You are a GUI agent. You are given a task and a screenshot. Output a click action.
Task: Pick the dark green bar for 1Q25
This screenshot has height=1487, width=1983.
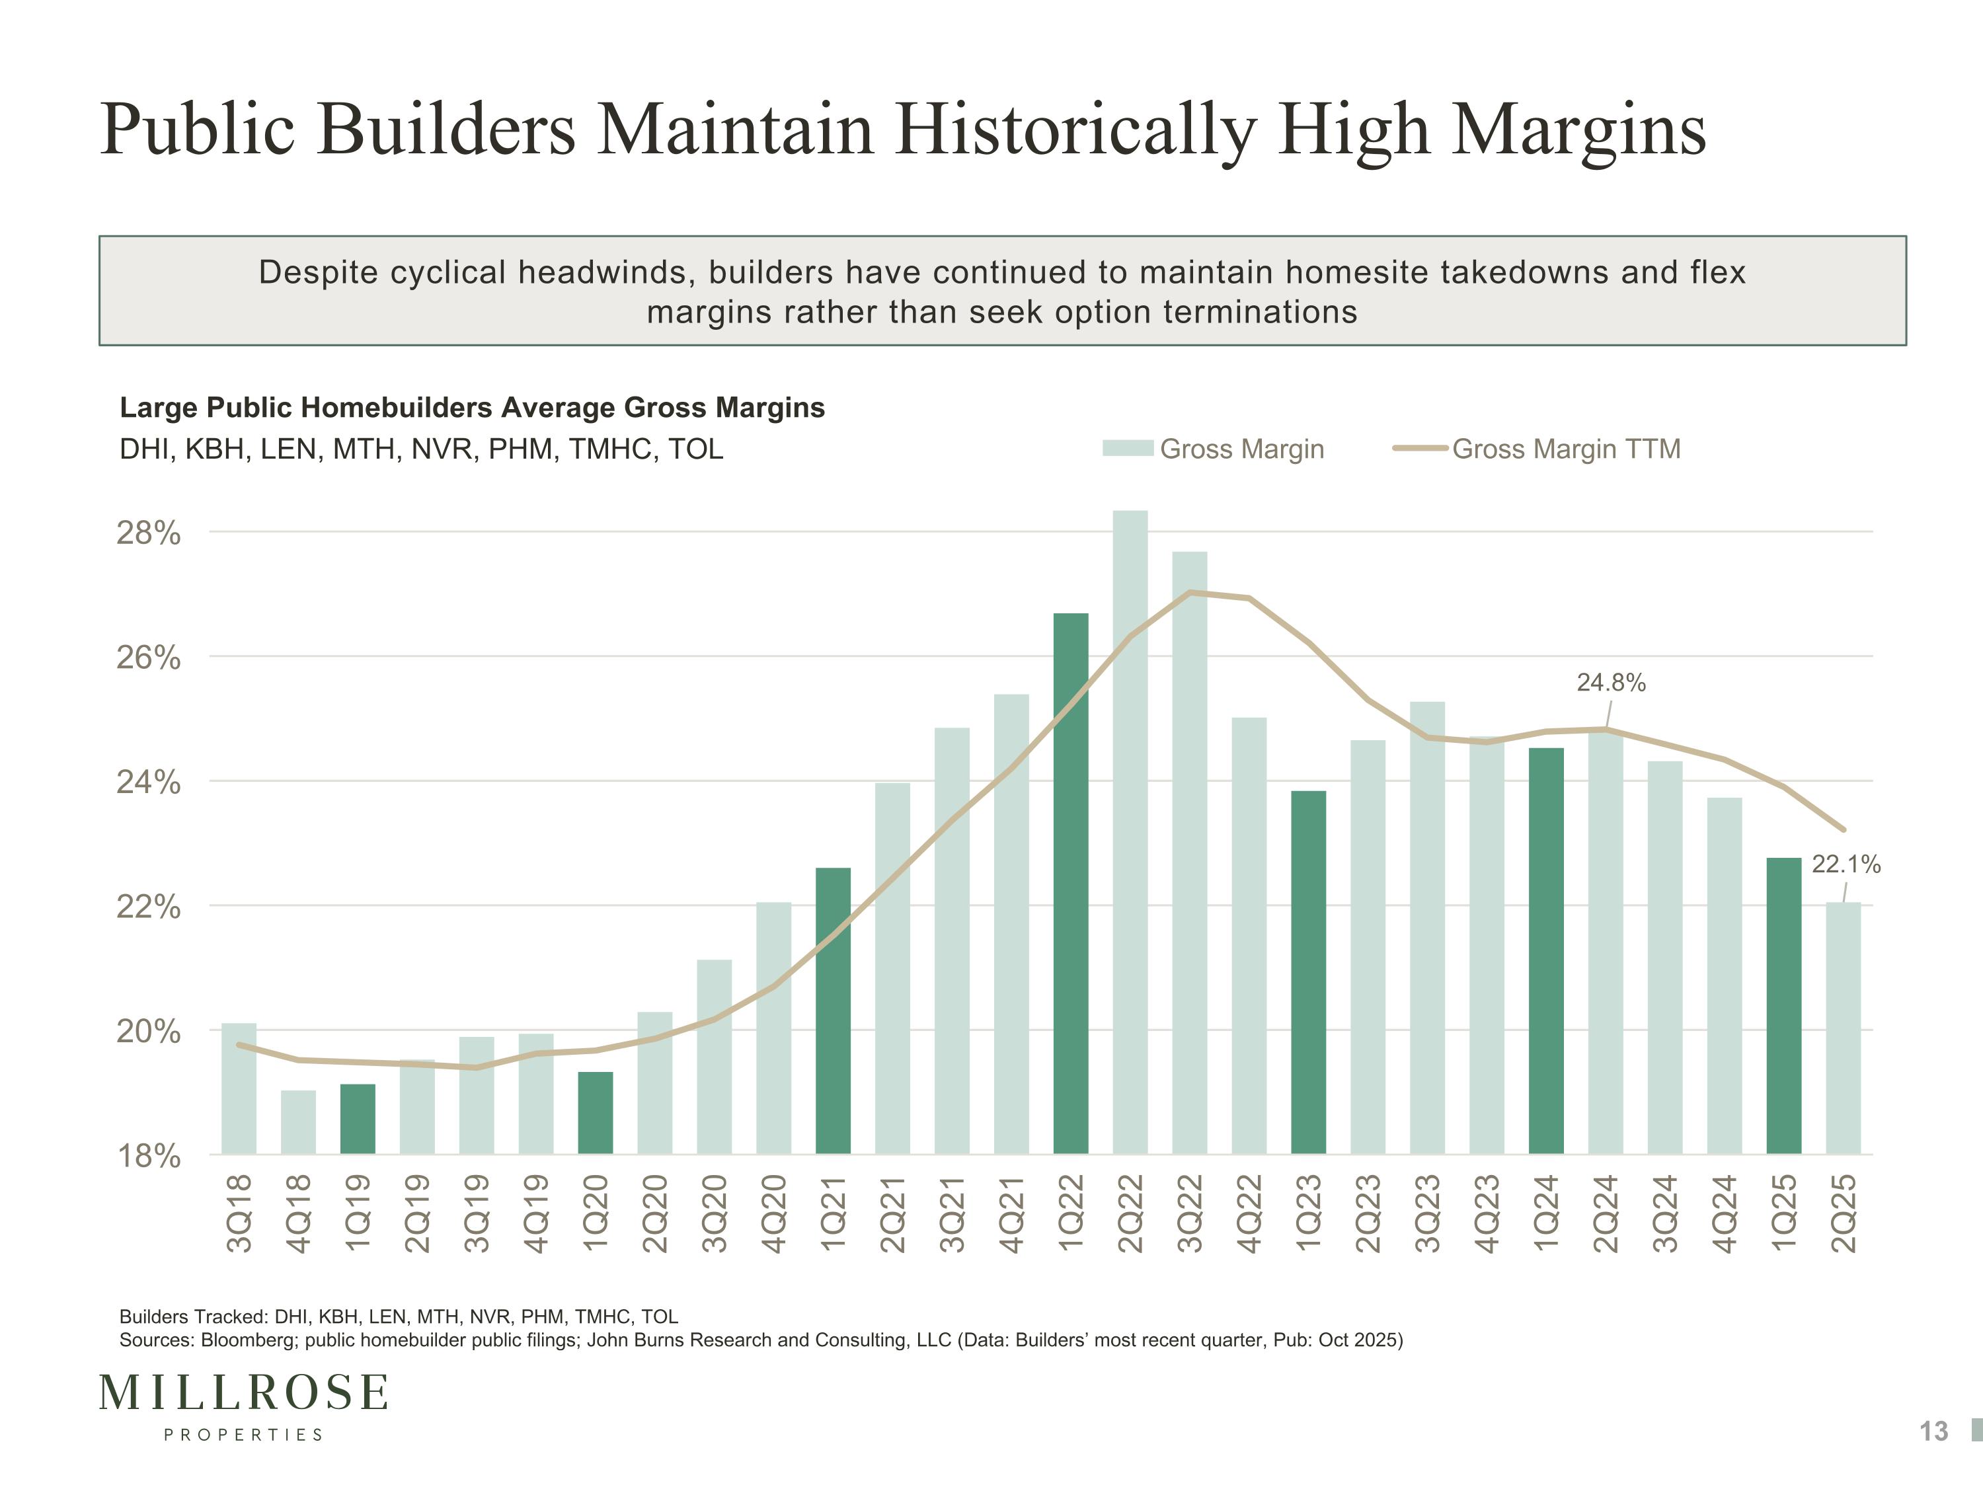1783,1006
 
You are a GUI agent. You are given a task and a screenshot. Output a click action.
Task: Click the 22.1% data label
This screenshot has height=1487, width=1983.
1846,864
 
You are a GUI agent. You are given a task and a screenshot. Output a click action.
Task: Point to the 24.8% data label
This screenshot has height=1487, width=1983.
1611,683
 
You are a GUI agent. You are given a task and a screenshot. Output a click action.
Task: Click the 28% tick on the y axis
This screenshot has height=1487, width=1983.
149,533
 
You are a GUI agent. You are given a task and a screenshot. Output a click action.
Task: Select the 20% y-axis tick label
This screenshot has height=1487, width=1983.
149,1032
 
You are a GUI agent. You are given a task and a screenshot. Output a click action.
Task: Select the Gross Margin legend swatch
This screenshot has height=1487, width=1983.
1127,448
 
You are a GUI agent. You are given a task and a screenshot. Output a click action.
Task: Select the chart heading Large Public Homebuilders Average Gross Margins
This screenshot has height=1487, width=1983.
471,408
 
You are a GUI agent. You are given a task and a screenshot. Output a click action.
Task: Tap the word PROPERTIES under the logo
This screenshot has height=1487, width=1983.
243,1435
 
